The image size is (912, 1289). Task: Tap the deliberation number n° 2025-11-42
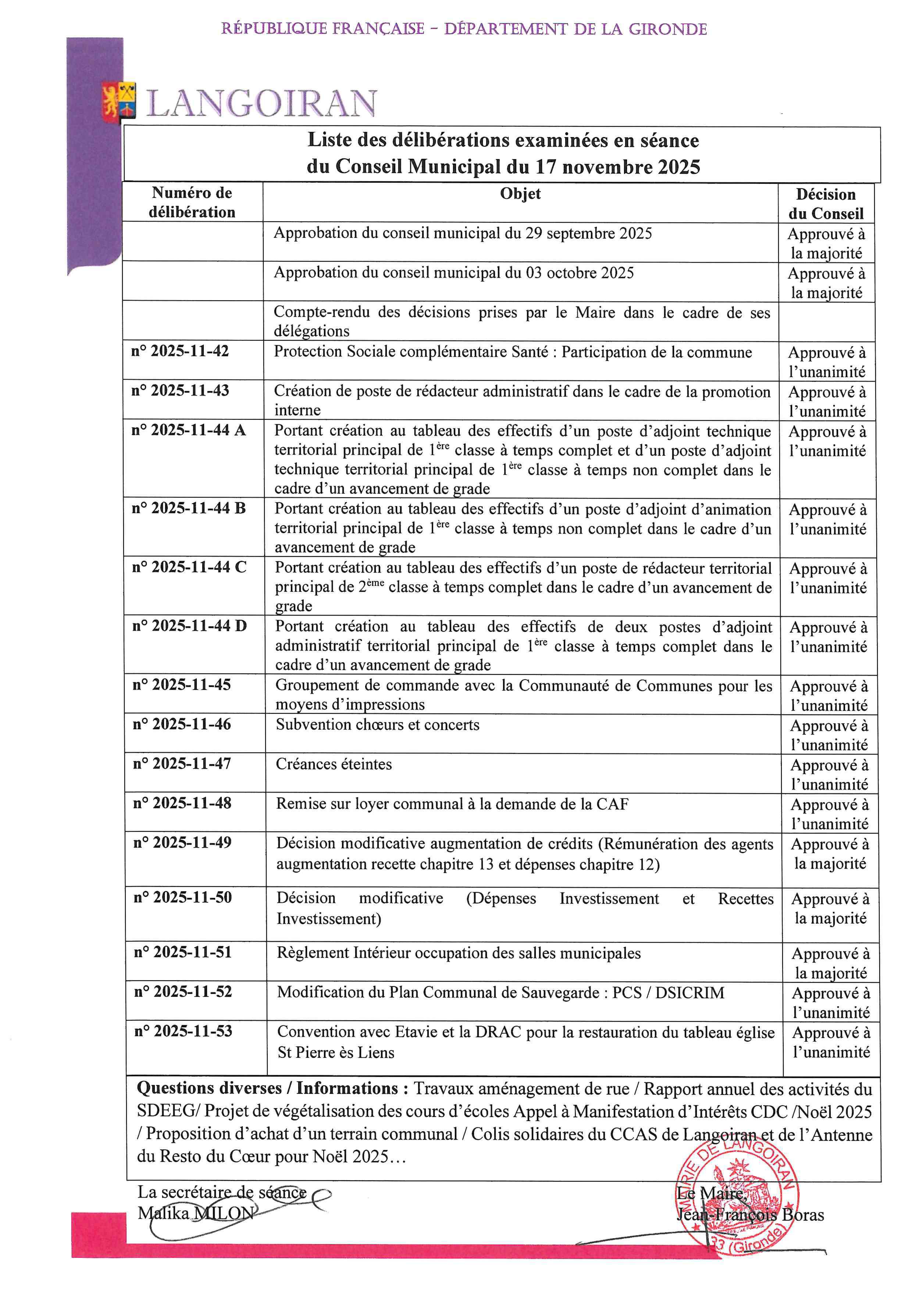tap(180, 351)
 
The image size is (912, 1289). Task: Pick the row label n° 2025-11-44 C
tap(189, 567)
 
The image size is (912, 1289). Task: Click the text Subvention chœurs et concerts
tap(377, 725)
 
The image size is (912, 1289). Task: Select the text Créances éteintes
tap(334, 764)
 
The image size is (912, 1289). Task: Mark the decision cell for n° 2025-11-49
tap(830, 854)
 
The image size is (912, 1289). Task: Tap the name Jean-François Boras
tap(750, 1215)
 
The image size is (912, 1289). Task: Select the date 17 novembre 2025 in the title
tap(618, 167)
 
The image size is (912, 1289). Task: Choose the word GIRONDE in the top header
tap(667, 29)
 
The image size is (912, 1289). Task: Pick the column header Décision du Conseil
tap(826, 204)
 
